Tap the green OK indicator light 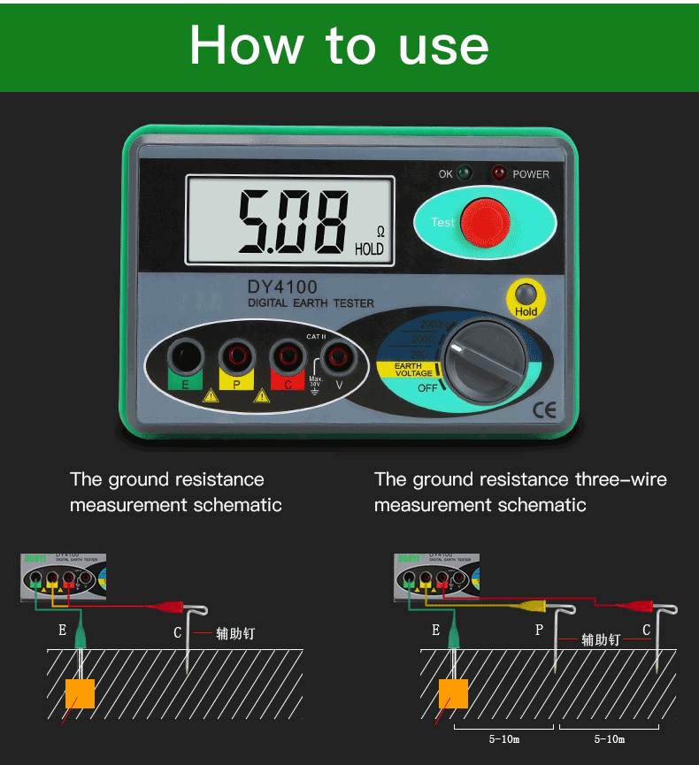(465, 173)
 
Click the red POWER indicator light (500, 173)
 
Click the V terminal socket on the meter (337, 357)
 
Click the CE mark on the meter (542, 409)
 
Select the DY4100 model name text (282, 287)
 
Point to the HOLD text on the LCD (369, 249)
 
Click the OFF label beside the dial (426, 387)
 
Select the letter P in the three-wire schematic (539, 630)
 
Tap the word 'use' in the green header (443, 45)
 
